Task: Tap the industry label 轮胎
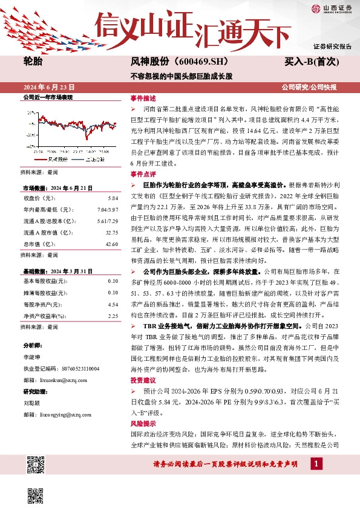tap(33, 60)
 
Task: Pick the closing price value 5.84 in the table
tap(112, 198)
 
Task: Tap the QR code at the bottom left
tap(36, 466)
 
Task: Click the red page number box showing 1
tap(316, 464)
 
